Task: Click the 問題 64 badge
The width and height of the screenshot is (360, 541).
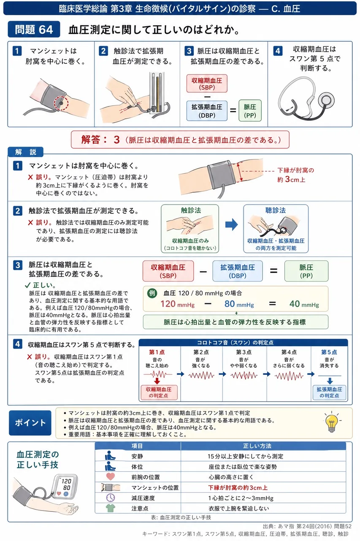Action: (34, 29)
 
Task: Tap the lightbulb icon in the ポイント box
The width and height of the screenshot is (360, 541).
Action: (332, 422)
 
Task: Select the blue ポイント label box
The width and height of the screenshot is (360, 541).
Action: (30, 423)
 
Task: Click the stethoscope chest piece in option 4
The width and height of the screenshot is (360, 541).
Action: (326, 100)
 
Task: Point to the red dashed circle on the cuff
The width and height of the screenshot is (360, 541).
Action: (61, 103)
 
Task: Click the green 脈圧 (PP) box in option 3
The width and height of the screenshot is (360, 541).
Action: (250, 111)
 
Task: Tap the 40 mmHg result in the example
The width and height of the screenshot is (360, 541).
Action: (304, 304)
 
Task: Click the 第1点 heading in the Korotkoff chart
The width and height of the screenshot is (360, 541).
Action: (157, 352)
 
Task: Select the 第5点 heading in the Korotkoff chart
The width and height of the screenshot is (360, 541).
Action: (329, 352)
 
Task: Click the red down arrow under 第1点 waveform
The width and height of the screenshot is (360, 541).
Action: (157, 381)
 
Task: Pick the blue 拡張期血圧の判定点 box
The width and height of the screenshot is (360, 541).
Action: (329, 393)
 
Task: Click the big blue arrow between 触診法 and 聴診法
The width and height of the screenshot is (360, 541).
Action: (231, 224)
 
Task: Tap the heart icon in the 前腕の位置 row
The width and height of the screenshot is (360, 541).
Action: (111, 476)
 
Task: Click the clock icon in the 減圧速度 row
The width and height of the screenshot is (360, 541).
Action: (111, 497)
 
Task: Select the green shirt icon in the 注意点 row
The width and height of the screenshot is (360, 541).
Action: (111, 508)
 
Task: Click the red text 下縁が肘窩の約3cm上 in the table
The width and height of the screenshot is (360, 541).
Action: (238, 488)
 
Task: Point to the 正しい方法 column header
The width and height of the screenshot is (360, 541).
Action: (257, 446)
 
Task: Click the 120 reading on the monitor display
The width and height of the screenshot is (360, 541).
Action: (66, 481)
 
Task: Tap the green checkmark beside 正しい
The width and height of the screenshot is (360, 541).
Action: (27, 285)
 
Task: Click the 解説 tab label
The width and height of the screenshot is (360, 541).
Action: (26, 152)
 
